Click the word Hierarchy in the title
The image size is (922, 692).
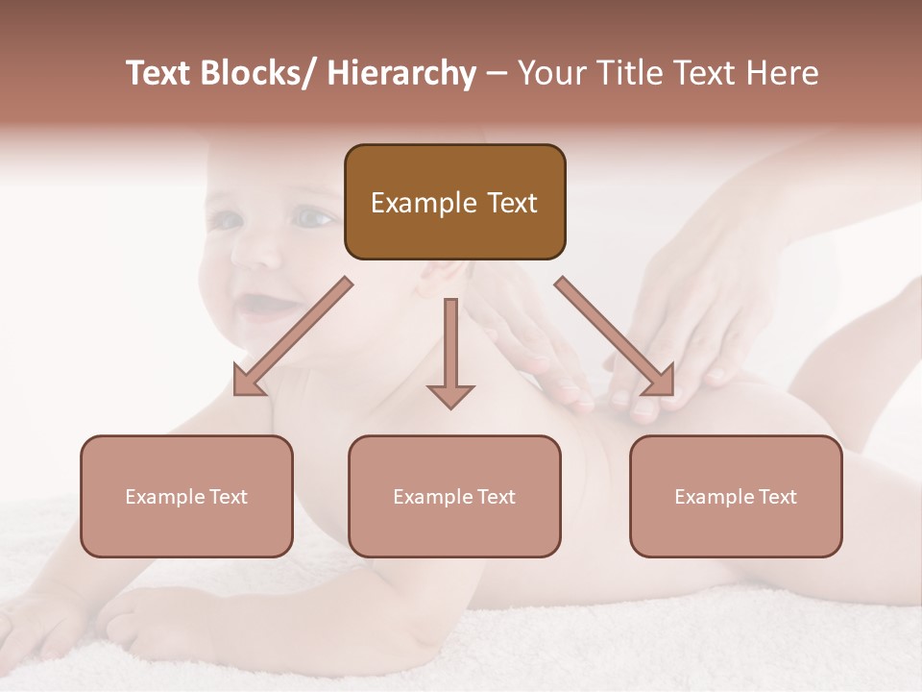pyautogui.click(x=400, y=74)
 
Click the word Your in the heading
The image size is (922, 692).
pyautogui.click(x=549, y=74)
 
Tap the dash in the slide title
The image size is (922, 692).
pyautogui.click(x=497, y=74)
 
